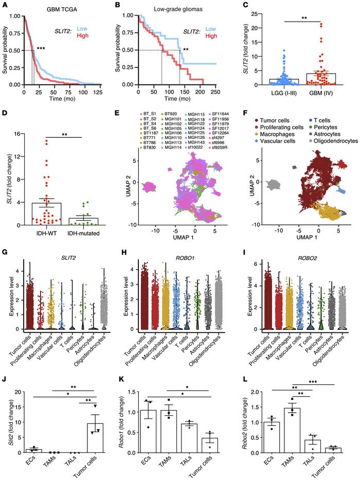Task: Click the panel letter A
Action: pos(5,5)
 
